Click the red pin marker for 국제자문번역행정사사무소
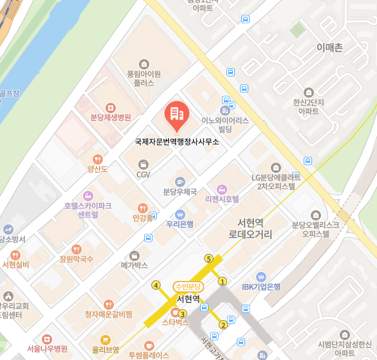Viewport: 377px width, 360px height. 176,116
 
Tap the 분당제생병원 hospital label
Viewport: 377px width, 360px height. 111,117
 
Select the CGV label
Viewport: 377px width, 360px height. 143,174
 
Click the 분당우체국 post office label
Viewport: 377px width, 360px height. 179,192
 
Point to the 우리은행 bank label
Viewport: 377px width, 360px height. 180,224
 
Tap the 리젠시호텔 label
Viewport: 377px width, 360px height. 222,199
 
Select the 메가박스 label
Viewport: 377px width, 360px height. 134,264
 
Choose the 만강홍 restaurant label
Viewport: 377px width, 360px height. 143,218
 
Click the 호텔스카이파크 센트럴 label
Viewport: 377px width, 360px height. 87,210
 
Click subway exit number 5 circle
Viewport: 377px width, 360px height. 208,258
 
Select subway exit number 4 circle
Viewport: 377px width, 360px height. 156,285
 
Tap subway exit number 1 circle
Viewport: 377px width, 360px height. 223,281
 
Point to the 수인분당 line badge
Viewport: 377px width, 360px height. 188,286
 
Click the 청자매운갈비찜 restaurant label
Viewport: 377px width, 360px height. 109,314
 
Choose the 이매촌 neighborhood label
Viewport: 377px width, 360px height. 330,48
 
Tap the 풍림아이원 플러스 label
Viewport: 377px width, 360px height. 143,78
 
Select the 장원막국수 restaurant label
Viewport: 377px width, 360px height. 77,259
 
